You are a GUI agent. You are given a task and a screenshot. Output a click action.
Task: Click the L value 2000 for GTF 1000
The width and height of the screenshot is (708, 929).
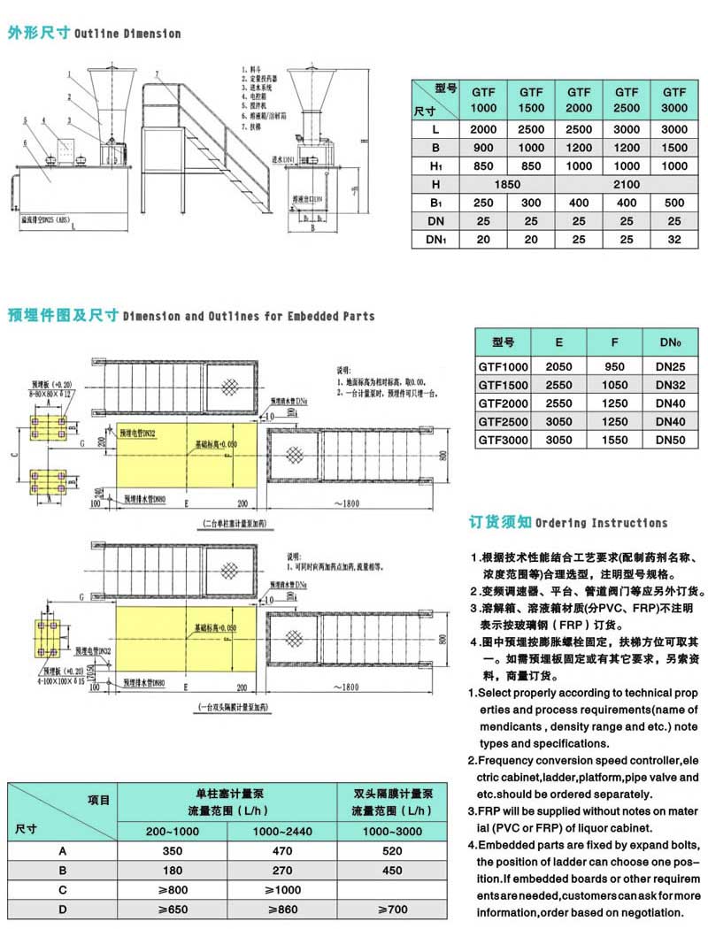[x=482, y=129]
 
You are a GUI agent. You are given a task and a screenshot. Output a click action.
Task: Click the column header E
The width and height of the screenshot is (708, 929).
[x=558, y=341]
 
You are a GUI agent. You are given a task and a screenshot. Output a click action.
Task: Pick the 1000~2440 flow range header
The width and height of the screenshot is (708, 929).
[x=283, y=831]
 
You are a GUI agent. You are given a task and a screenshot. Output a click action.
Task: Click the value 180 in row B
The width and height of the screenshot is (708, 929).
[x=173, y=870]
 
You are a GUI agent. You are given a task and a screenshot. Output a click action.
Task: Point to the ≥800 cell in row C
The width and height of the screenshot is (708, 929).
[x=173, y=890]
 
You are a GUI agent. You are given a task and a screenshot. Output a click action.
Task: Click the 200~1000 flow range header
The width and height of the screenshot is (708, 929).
[x=173, y=831]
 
